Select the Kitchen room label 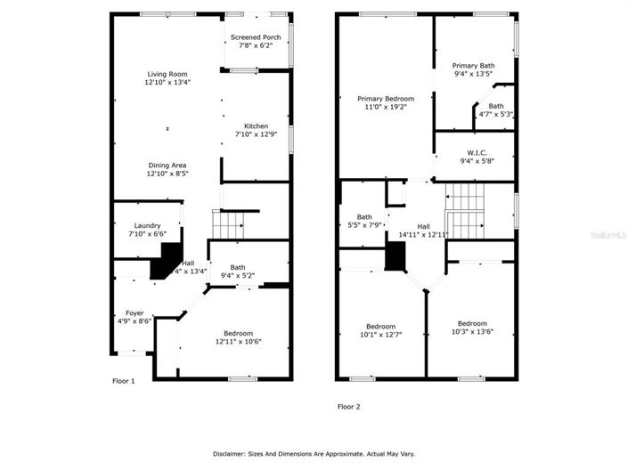click(251, 126)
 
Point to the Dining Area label click(167, 166)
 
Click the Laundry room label click(147, 225)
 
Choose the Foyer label click(134, 312)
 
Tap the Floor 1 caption click(123, 381)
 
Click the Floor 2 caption click(348, 407)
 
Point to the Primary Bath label click(472, 66)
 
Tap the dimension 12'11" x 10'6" click(237, 341)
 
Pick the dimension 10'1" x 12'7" click(380, 335)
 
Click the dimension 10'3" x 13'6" click(472, 332)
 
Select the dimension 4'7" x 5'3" click(496, 114)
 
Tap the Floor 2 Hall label click(423, 226)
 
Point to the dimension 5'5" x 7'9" click(364, 225)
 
